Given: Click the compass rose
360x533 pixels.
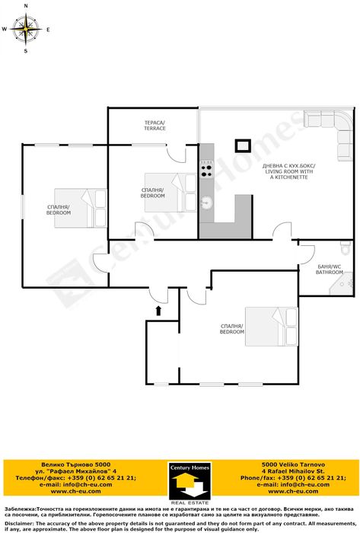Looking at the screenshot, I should click(x=26, y=30).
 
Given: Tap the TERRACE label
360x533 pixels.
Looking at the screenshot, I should click(x=155, y=125).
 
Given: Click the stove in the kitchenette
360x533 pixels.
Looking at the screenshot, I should click(x=206, y=171).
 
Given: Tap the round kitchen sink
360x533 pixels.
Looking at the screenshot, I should click(x=205, y=203).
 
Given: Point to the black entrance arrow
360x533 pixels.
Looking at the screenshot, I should click(x=158, y=310).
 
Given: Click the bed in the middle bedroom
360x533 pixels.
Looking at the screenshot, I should click(x=183, y=190).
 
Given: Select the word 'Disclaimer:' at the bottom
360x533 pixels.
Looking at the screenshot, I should click(x=19, y=524).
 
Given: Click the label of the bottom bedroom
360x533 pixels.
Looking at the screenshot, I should click(x=231, y=330).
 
